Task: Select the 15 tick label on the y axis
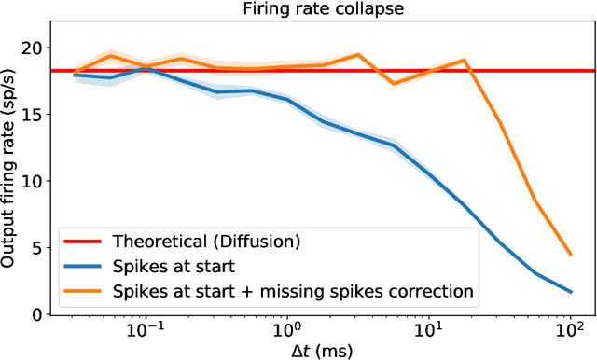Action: pos(30,114)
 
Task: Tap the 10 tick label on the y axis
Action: pos(30,181)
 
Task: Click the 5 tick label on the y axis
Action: pos(35,248)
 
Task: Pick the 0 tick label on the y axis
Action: pos(35,314)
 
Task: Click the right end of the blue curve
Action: pos(570,292)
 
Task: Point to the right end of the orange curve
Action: pos(570,255)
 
